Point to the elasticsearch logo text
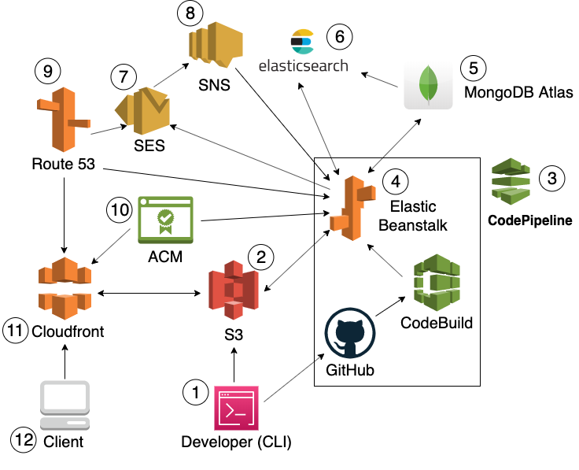(304, 65)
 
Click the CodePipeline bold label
(530, 221)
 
